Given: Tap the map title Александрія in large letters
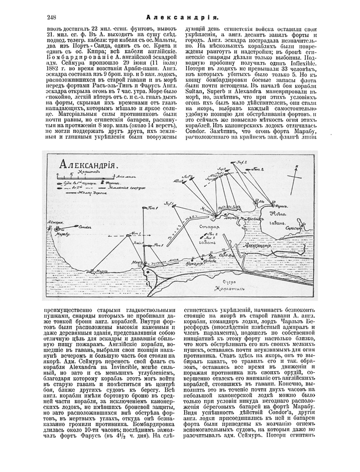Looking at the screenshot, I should click(x=86, y=165).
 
